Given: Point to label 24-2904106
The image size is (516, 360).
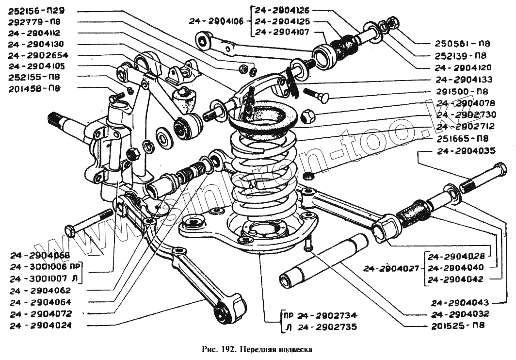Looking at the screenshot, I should [219, 21].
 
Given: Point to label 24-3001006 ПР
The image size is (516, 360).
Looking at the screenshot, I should [46, 266].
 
